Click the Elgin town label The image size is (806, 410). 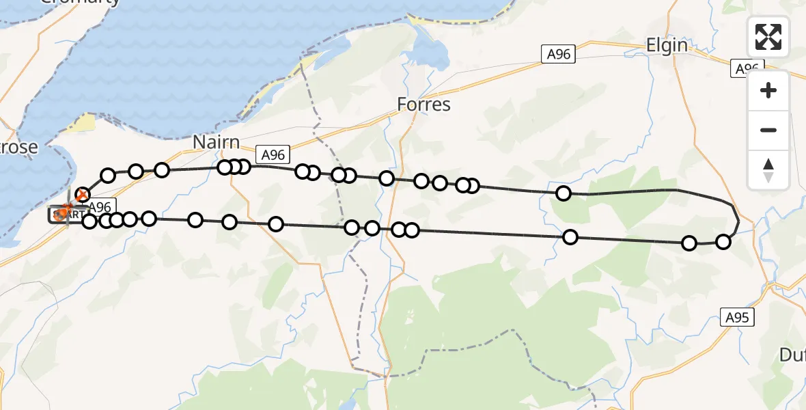(x=667, y=45)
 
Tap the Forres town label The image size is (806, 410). (x=424, y=105)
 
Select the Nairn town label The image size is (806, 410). (x=216, y=143)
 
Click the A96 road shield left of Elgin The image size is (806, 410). (x=559, y=55)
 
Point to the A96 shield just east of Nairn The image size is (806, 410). (x=270, y=154)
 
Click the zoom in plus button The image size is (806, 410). (x=768, y=90)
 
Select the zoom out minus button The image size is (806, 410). (x=768, y=130)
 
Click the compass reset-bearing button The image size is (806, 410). (x=768, y=169)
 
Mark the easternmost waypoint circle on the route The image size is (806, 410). (x=723, y=241)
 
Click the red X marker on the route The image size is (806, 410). (x=82, y=195)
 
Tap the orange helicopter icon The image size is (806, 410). (x=64, y=212)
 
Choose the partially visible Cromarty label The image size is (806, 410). (x=81, y=2)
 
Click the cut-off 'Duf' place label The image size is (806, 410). (x=792, y=354)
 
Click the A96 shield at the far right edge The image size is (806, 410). (x=747, y=68)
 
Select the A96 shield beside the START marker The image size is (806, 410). (x=100, y=206)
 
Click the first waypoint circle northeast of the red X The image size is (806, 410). (x=108, y=176)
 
